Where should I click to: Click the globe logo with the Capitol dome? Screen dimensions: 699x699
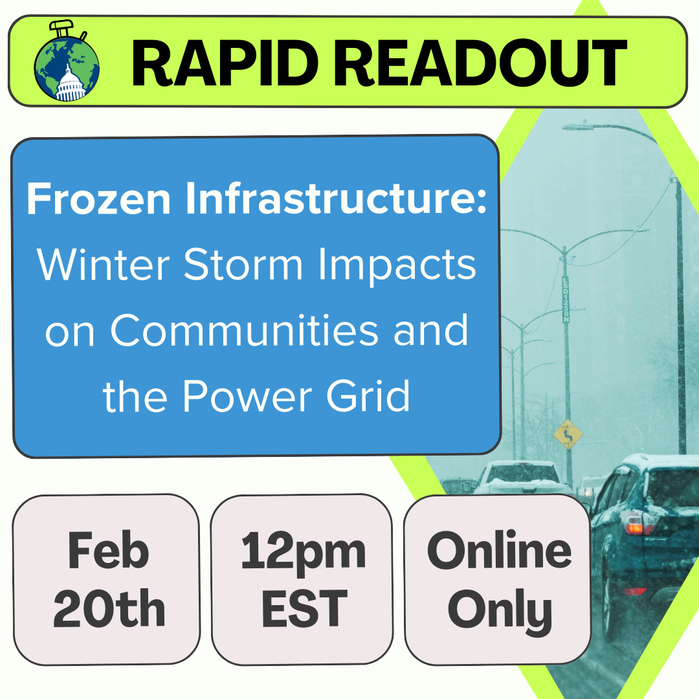point(67,62)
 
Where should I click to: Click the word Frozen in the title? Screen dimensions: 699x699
point(98,199)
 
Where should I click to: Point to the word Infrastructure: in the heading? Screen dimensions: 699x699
point(336,199)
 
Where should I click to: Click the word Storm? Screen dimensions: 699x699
point(243,265)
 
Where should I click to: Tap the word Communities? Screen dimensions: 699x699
point(244,331)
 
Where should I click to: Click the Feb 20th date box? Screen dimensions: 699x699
point(107,579)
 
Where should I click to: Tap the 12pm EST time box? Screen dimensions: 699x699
point(302,579)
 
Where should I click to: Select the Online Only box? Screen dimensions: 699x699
point(498,579)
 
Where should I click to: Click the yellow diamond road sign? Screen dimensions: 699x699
point(568,434)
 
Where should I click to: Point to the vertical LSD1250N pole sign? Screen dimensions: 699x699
point(565,299)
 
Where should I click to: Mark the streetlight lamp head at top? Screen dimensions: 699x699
point(578,127)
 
